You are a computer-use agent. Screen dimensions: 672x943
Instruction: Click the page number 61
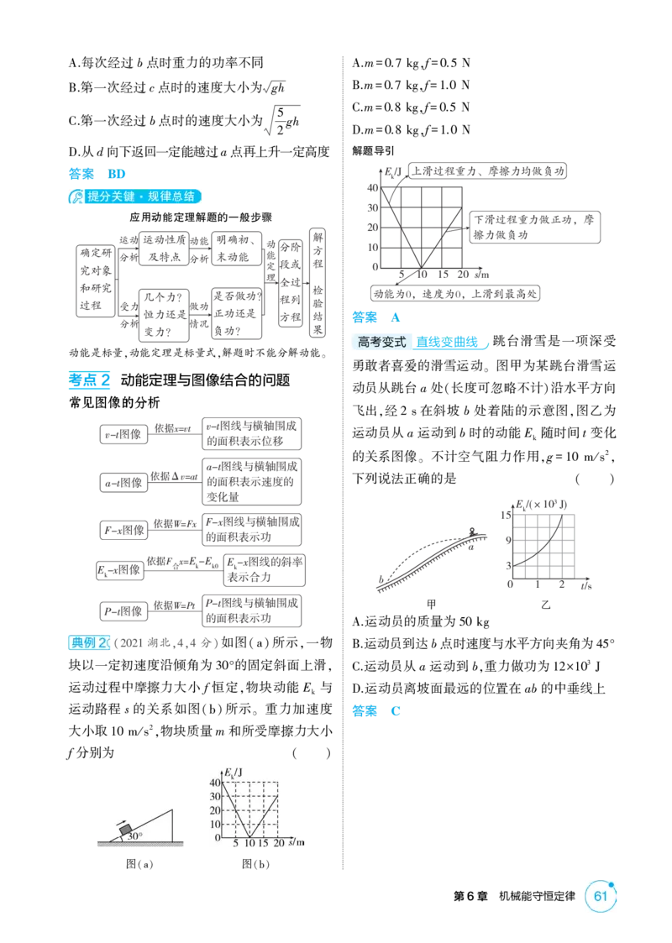coord(600,896)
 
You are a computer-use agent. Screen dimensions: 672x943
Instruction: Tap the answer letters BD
coord(117,174)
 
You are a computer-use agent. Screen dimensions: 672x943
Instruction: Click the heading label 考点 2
coord(89,380)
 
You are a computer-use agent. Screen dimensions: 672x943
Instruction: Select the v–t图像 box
coord(123,434)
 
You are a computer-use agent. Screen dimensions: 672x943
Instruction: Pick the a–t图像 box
coord(123,482)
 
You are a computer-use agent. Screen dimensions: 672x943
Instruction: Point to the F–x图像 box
coord(123,530)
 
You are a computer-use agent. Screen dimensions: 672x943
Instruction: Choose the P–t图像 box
coord(123,611)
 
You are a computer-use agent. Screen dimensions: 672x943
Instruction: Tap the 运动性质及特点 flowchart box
coord(164,249)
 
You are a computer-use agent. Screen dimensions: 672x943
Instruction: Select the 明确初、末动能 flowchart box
coord(236,249)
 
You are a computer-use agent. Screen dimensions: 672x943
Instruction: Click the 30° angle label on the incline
coord(134,836)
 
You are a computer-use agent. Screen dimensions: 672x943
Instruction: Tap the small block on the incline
coord(126,830)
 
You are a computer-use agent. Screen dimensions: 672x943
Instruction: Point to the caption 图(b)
coord(255,864)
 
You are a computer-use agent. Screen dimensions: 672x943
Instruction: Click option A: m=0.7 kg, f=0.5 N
coord(411,62)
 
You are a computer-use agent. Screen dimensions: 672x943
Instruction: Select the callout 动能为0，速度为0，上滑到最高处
coord(454,294)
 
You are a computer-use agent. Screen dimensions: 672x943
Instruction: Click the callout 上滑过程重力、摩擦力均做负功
coord(487,170)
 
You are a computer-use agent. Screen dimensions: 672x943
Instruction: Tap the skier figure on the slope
coord(473,532)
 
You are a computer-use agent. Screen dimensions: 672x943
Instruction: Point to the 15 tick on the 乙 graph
coord(506,516)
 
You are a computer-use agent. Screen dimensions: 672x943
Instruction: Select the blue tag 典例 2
coord(89,642)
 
